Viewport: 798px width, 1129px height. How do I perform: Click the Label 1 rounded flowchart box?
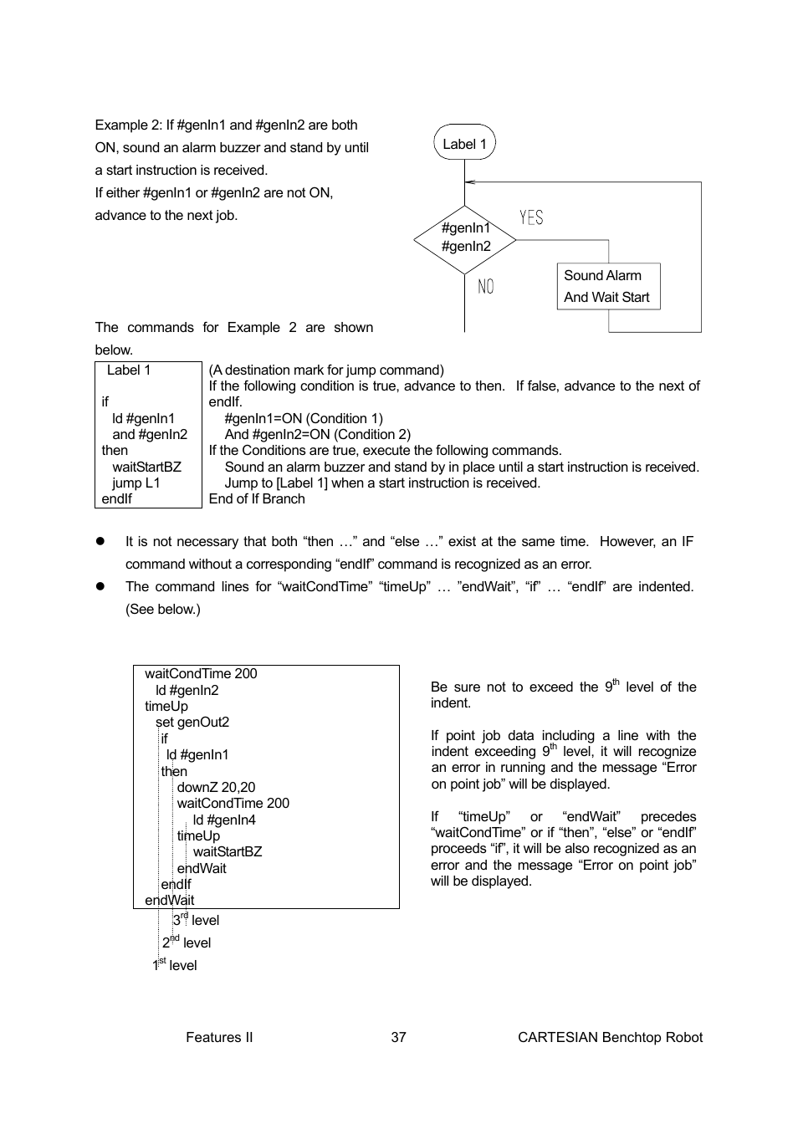[464, 143]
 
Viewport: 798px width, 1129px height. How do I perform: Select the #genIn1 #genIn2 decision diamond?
[465, 238]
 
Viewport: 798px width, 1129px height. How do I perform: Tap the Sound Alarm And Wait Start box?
[608, 287]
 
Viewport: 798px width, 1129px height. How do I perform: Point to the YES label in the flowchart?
[531, 218]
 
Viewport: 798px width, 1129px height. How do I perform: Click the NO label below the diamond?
[486, 287]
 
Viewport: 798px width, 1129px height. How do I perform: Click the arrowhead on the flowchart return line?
[469, 181]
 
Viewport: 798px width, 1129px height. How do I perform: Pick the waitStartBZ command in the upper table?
[146, 467]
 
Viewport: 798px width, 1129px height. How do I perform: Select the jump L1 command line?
[136, 483]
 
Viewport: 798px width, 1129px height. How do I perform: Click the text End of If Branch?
[257, 498]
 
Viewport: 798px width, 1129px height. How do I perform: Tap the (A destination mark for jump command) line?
[326, 370]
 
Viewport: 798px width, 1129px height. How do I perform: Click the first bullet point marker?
[99, 541]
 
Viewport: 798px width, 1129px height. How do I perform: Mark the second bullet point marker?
[99, 586]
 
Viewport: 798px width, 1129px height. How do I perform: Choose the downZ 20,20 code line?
[216, 787]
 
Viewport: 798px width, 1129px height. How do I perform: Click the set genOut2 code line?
[192, 722]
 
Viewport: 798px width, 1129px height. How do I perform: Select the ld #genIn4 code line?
[224, 820]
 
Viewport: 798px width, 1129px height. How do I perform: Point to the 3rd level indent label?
[196, 920]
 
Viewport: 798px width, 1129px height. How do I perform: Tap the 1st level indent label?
[175, 965]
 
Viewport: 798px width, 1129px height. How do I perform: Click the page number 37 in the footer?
[398, 1037]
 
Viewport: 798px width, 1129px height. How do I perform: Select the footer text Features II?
[219, 1037]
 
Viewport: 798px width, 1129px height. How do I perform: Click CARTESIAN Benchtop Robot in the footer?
[610, 1037]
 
